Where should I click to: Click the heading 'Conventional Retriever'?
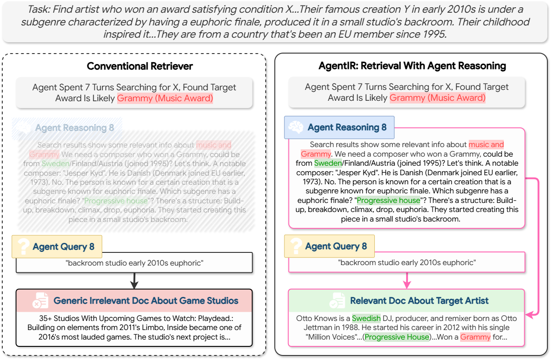click(139, 66)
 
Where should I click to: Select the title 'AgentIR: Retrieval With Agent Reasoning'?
click(412, 66)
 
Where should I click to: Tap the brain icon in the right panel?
click(296, 128)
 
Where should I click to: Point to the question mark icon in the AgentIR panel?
click(295, 247)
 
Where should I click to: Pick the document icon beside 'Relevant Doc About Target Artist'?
click(337, 301)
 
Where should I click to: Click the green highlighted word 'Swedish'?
click(366, 318)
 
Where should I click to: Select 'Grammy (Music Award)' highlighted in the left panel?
click(165, 98)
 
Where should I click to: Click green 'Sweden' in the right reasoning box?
click(328, 163)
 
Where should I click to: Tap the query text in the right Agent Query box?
click(407, 262)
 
